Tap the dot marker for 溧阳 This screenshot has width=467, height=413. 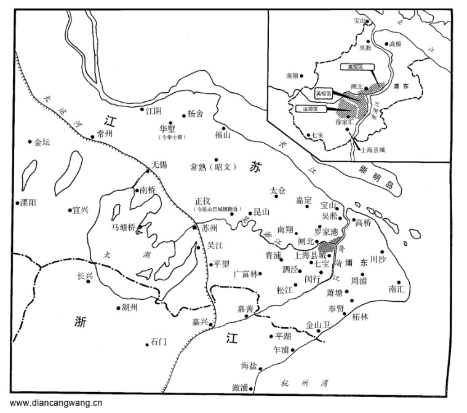pos(17,202)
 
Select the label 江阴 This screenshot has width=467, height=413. pos(154,111)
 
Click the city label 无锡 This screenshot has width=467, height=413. pos(159,165)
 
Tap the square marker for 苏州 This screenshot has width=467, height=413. pos(195,227)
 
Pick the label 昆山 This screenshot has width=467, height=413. pos(261,212)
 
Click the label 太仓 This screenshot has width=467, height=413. pos(279,191)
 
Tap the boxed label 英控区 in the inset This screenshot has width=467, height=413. pos(322,93)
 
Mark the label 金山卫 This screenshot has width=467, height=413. pos(319,324)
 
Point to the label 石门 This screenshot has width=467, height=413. pos(158,342)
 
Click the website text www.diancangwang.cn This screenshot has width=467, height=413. pos(56,404)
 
